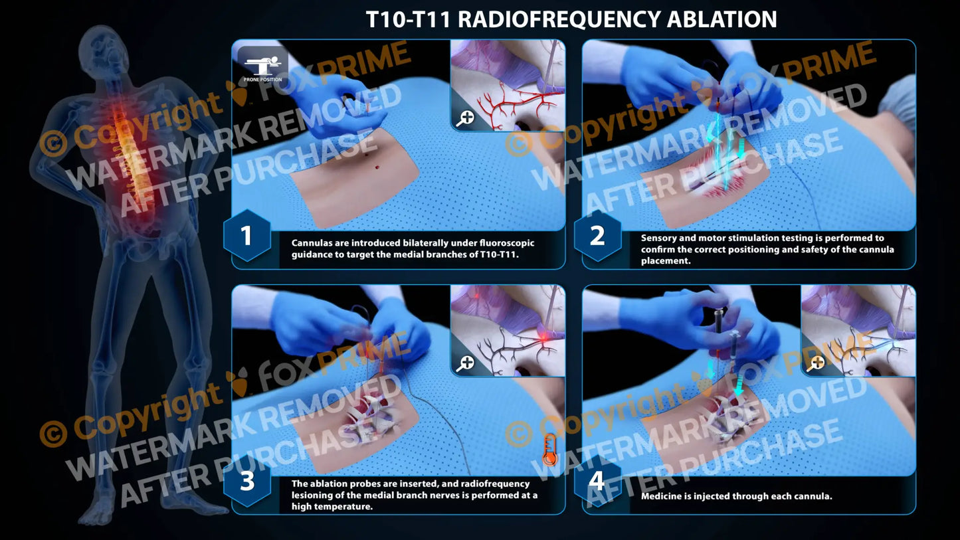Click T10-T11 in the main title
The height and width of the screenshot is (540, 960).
click(408, 19)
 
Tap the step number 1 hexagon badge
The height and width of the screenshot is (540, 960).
click(247, 236)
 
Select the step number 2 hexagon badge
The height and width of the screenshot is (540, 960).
click(597, 236)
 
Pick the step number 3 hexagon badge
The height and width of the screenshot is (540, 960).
click(247, 482)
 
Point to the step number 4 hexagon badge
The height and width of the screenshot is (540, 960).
click(597, 482)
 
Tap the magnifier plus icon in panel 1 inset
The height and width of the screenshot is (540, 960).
click(465, 118)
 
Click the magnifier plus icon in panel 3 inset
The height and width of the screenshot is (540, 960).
click(465, 363)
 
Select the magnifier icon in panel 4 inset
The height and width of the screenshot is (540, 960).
click(816, 363)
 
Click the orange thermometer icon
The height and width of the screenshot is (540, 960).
click(549, 449)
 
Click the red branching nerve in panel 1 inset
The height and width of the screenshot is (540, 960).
click(512, 103)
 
